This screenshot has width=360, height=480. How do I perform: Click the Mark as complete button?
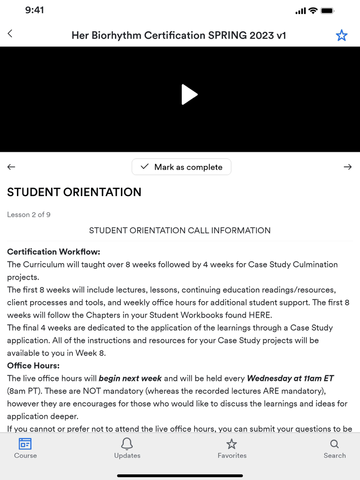(181, 167)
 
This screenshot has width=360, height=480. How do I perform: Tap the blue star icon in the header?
(341, 35)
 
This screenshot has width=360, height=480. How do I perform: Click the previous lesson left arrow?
(11, 167)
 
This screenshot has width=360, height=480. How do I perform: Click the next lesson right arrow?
(347, 167)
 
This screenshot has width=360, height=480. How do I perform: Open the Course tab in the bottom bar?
(25, 448)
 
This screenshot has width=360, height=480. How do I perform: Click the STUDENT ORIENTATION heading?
(74, 192)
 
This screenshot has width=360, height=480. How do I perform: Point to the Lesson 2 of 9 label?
(29, 215)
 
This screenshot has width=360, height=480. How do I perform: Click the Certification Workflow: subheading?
(54, 252)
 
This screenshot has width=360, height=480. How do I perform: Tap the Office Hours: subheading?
(33, 366)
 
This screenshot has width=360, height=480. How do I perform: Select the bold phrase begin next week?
(130, 379)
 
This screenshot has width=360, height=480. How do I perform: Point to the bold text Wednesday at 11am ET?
(290, 379)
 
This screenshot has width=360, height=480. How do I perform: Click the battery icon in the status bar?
(327, 11)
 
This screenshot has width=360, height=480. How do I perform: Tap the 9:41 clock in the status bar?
(35, 10)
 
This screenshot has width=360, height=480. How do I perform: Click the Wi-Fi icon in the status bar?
(313, 11)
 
